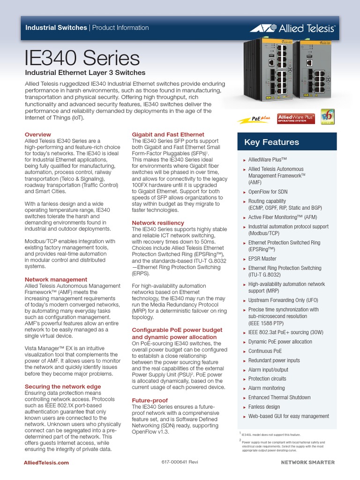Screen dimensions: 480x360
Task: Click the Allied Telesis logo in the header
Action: pyautogui.click(x=292, y=29)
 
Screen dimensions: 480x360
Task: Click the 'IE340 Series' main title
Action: pyautogui.click(x=82, y=59)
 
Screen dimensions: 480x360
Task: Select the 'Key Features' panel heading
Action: pyautogui.click(x=271, y=142)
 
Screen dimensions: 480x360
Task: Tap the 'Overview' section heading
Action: pyautogui.click(x=37, y=135)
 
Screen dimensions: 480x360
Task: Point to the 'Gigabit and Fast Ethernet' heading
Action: pyautogui.click(x=168, y=135)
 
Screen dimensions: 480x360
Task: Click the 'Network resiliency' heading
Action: pyautogui.click(x=158, y=223)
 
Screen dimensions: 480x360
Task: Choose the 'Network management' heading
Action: pyautogui.click(x=56, y=279)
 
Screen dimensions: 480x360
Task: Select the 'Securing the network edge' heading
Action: pyautogui.click(x=63, y=386)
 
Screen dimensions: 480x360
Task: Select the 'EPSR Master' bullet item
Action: pyautogui.click(x=262, y=258)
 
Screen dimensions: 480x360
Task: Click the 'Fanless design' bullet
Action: pyautogui.click(x=264, y=407)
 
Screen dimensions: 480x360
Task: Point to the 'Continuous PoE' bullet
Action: pyautogui.click(x=265, y=351)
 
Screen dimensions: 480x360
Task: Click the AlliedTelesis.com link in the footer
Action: pyautogui.click(x=46, y=463)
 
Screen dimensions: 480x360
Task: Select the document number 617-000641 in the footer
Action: pyautogui.click(x=180, y=463)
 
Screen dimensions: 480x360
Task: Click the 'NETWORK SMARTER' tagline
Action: pyautogui.click(x=307, y=463)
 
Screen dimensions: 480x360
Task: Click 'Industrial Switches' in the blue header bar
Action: pyautogui.click(x=56, y=28)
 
